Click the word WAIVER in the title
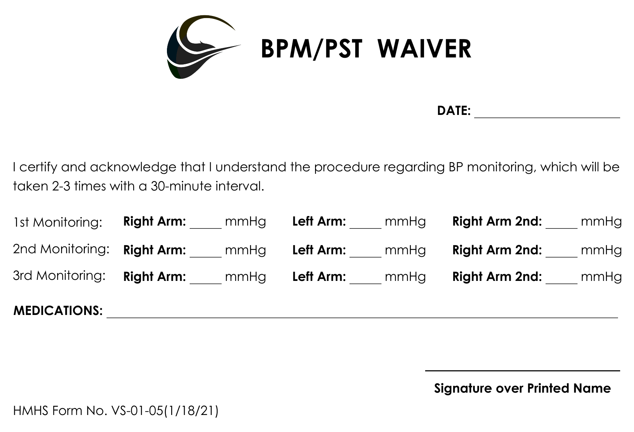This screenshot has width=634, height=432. pos(424,49)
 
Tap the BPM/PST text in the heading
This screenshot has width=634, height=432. pos(311,49)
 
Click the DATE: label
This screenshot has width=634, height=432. pos(454,111)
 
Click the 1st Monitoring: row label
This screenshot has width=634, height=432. pos(58,222)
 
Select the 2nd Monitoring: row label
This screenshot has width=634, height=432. pos(61,249)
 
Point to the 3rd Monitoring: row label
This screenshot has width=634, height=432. pos(59,276)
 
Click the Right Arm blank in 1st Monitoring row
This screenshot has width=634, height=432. pos(206,225)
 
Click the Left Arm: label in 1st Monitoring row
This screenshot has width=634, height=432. pos(319,221)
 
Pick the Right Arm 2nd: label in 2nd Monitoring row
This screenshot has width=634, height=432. pos(497,250)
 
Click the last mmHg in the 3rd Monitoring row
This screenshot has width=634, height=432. pos(601,277)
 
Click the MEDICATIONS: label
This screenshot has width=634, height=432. pos(58,311)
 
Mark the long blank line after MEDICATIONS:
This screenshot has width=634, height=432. pos(362,315)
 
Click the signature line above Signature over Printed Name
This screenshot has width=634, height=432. pos(522,370)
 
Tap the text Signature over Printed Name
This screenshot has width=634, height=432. pos(522,388)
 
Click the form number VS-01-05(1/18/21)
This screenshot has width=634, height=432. pos(165,411)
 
